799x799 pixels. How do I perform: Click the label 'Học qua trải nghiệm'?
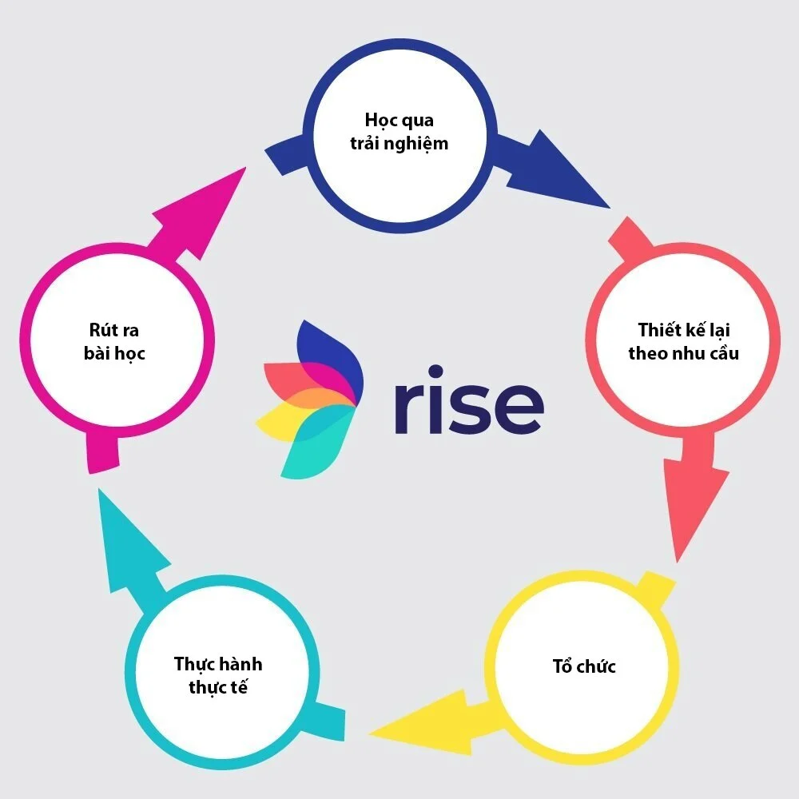click(x=399, y=133)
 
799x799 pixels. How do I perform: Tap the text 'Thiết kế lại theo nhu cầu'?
click(x=683, y=341)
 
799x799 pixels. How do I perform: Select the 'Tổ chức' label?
click(x=584, y=666)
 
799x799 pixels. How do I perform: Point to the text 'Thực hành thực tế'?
click(x=218, y=675)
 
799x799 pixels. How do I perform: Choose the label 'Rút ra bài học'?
click(x=114, y=341)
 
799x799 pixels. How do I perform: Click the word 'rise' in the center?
click(x=468, y=399)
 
